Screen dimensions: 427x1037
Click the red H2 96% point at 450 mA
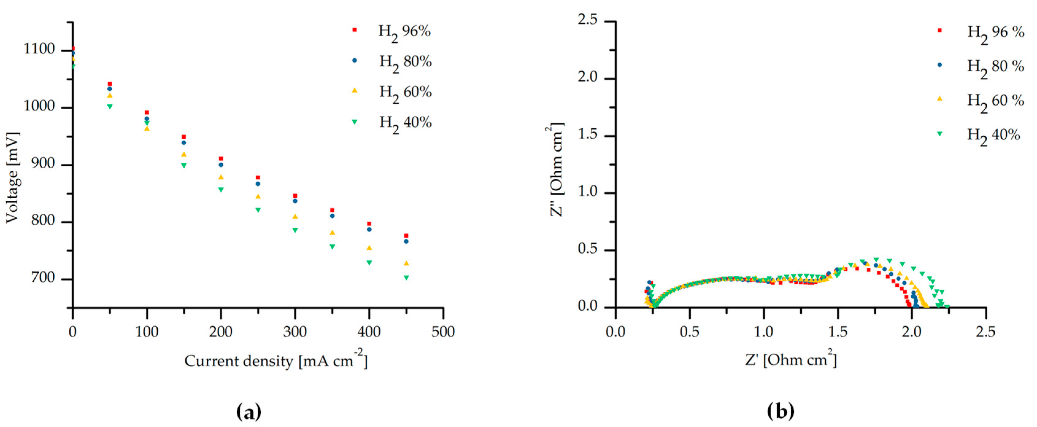coord(406,236)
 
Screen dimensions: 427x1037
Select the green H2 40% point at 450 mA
coord(406,278)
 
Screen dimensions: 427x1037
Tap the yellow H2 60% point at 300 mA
coord(295,217)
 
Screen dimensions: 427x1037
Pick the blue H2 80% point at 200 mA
coord(221,165)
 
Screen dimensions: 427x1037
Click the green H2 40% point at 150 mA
coord(184,165)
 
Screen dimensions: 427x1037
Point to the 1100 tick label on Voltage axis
coord(40,49)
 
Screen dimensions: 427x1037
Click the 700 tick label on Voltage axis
coord(44,278)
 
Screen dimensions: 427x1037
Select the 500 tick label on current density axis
coord(443,332)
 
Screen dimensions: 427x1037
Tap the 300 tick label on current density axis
coord(295,332)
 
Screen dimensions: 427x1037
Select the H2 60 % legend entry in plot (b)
coord(994,101)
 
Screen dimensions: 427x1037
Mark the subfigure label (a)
coord(249,412)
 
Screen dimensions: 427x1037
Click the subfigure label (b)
coord(781,412)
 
